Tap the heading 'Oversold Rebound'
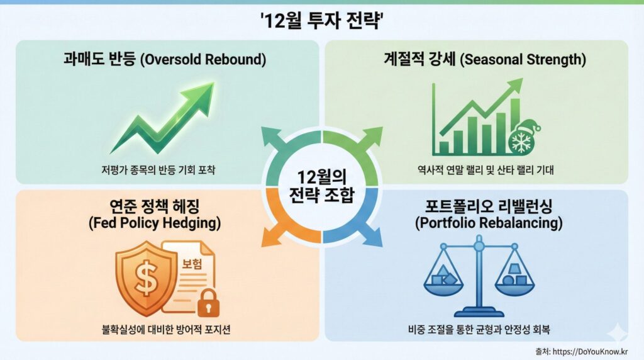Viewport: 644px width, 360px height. coord(204,60)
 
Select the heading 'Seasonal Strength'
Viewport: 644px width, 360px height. coord(523,60)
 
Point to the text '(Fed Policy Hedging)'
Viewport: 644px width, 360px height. coord(155,223)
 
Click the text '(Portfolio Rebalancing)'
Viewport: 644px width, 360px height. coord(489,223)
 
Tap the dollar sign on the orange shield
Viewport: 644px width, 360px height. coord(146,279)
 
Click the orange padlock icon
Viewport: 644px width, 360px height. coord(208,303)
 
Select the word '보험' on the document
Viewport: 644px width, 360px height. coord(192,264)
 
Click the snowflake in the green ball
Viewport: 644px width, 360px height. coord(521,142)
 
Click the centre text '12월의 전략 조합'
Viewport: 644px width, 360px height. coord(321,186)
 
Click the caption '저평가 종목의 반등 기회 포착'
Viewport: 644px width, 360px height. coord(158,170)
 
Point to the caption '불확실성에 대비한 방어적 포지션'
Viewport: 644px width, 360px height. coord(166,329)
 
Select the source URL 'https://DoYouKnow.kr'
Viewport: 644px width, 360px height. coord(590,352)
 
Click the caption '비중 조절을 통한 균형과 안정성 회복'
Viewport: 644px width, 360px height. coord(479,329)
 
